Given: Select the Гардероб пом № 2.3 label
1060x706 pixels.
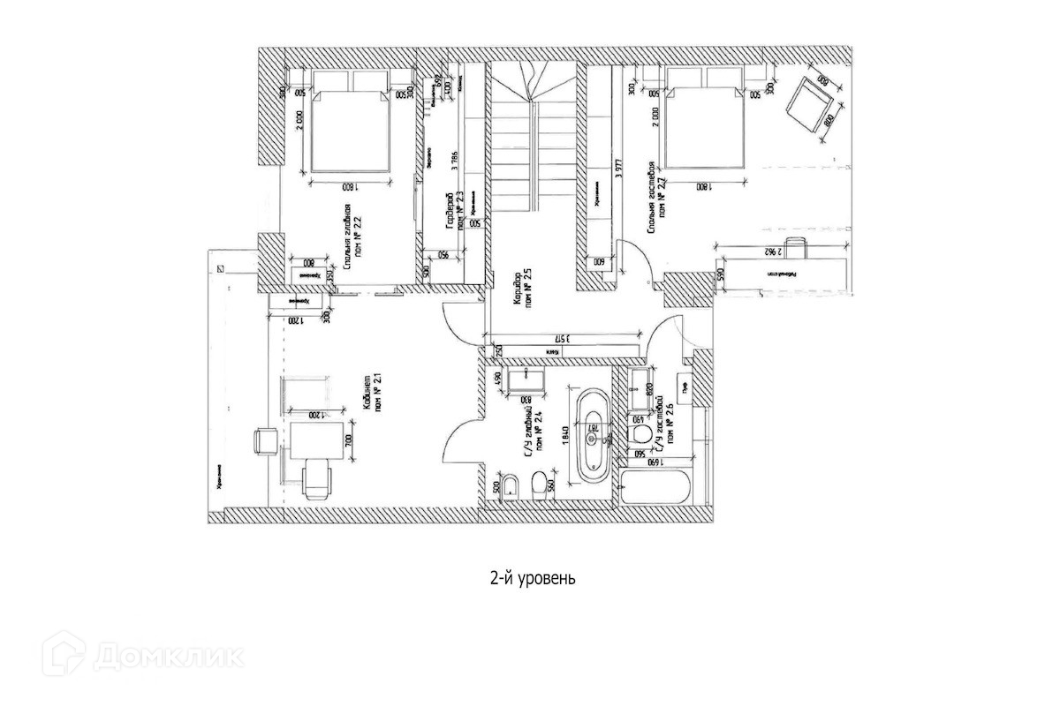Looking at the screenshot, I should click(x=455, y=212).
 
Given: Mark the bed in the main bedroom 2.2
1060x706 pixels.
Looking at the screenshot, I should click(x=350, y=132).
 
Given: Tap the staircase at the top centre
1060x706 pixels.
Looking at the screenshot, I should click(x=530, y=141).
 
